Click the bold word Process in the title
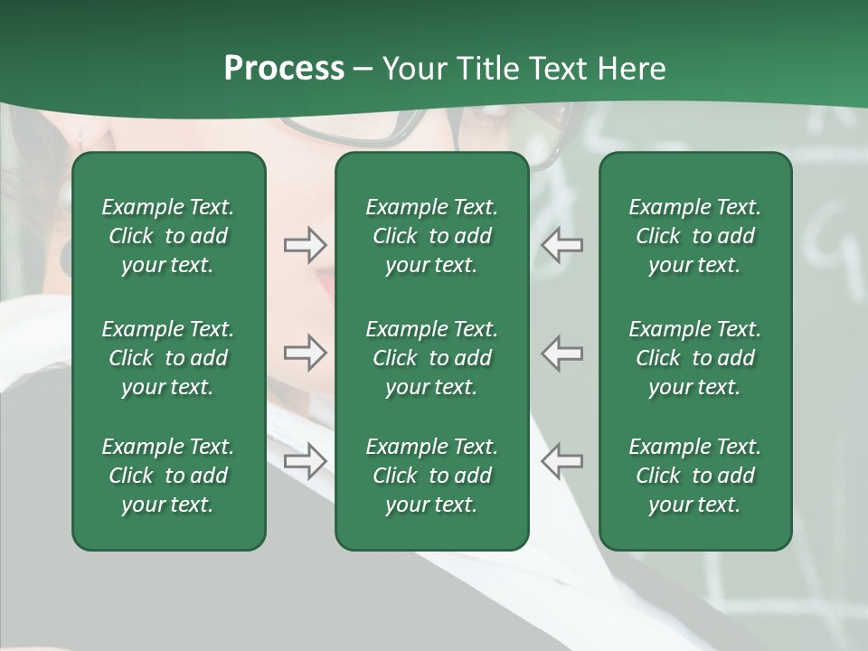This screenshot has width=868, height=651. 284,69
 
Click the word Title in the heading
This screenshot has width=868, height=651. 488,69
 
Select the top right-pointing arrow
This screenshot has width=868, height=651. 305,245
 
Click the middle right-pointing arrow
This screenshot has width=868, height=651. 305,353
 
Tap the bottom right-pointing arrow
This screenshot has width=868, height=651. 305,461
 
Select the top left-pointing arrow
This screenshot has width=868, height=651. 561,245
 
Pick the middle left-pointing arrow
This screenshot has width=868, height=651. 561,353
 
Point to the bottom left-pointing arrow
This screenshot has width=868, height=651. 561,461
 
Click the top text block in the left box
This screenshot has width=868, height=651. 168,236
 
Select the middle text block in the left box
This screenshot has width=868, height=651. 168,358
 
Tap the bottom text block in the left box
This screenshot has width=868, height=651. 168,476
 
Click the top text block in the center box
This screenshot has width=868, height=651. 432,236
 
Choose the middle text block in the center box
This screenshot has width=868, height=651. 432,358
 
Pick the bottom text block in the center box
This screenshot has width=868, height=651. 432,476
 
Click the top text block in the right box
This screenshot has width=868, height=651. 695,236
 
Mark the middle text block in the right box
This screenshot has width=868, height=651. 695,358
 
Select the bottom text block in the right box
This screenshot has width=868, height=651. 695,476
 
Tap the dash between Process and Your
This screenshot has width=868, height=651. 363,70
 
